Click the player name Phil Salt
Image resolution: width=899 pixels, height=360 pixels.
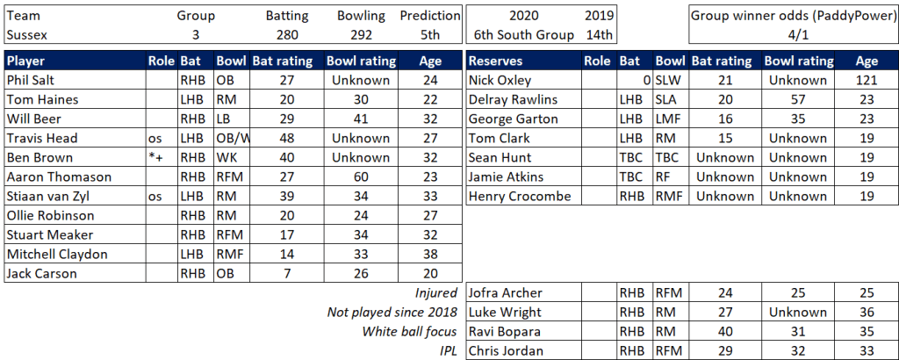30,80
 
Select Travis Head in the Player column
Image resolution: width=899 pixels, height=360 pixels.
42,138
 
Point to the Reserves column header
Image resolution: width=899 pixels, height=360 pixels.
498,61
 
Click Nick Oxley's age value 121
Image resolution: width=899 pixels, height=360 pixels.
867,80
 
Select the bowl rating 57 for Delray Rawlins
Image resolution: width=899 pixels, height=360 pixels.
798,99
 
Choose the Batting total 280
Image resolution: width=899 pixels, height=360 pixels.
284,35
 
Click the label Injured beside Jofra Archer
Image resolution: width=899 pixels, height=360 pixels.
436,293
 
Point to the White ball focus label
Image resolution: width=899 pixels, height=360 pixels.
410,332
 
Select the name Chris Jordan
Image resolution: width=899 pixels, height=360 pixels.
507,351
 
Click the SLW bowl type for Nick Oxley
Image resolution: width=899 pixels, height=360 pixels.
669,80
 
